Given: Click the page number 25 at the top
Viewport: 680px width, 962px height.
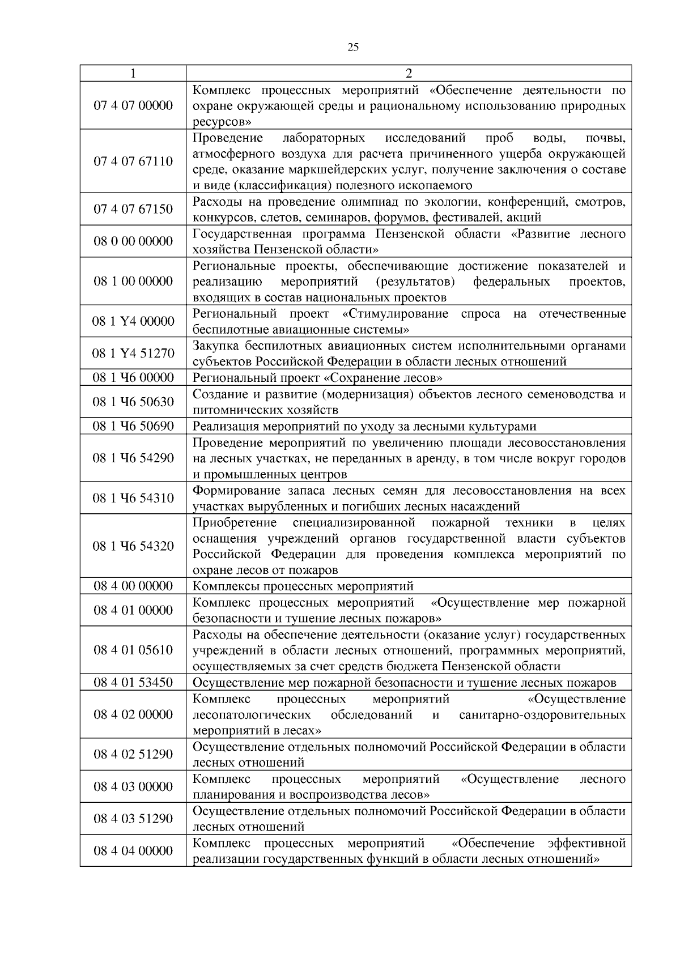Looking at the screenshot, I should point(352,48).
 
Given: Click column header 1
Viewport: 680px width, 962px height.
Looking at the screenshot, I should point(133,73).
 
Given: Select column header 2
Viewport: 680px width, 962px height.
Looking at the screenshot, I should point(409,73).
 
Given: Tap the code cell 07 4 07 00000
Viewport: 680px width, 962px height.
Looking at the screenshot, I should point(133,105).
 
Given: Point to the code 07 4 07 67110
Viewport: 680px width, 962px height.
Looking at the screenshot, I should point(133,161).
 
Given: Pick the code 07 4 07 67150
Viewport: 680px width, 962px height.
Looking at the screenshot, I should point(133,209).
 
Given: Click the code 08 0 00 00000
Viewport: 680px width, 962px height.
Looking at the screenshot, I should point(133,241).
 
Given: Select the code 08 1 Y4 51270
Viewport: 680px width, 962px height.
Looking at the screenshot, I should point(133,353).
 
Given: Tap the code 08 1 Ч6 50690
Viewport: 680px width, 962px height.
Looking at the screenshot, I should point(133,426).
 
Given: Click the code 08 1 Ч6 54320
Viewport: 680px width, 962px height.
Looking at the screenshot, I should point(133,546).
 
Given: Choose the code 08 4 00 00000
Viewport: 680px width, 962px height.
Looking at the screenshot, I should point(133,586).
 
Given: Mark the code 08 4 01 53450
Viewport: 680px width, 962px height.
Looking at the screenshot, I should point(133,682).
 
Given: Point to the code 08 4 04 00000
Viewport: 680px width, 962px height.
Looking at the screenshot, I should point(133,850).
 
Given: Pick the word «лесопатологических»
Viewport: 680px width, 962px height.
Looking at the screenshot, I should point(252,714).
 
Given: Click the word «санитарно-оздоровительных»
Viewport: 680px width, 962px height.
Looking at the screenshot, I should point(542,714).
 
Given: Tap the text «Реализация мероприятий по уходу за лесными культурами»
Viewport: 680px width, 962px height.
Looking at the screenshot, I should point(364,427).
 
